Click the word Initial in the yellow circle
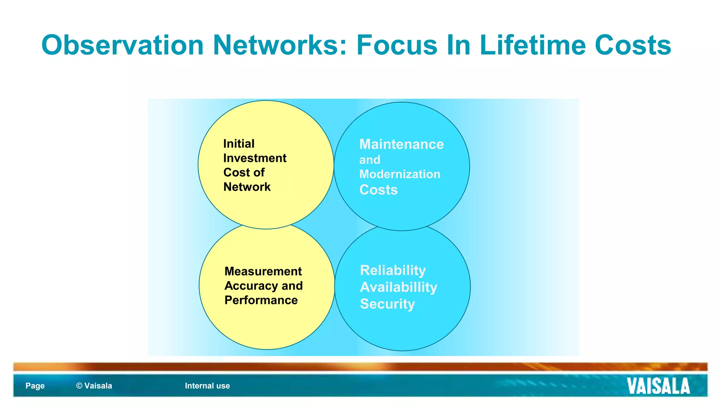[239, 144]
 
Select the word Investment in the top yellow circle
[255, 158]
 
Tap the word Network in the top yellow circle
[247, 187]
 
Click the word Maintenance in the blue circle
[401, 144]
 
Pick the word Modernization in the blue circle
[400, 174]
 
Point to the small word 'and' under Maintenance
[370, 160]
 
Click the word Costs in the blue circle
[378, 190]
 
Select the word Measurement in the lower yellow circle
[263, 271]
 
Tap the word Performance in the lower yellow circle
[261, 300]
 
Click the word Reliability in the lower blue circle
[393, 270]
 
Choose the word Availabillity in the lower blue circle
[399, 287]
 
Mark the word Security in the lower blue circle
[387, 304]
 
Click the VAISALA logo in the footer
[658, 386]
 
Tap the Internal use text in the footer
[207, 386]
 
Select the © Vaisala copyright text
[94, 386]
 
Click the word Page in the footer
[35, 386]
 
